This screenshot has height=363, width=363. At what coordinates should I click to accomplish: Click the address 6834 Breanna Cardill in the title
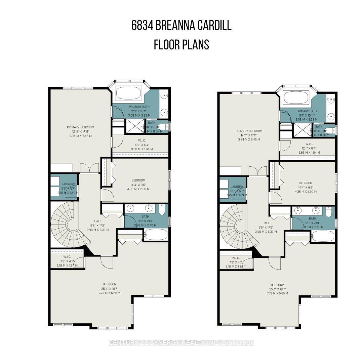182,26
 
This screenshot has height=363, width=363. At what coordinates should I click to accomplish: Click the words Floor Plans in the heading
182,45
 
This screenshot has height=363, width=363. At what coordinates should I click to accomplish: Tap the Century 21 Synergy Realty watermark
182,343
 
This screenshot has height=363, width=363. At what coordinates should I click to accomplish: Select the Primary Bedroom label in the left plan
80,127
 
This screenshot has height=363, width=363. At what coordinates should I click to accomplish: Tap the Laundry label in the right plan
237,187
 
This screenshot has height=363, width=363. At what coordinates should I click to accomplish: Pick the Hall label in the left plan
98,221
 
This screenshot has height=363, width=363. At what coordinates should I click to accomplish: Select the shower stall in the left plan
132,127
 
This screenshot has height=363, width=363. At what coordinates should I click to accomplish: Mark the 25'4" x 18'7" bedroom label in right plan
278,284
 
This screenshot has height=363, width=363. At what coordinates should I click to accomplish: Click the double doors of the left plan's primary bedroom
89,168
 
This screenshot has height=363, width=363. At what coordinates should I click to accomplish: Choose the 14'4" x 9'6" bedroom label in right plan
306,183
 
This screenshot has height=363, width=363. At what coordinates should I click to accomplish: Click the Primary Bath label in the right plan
306,111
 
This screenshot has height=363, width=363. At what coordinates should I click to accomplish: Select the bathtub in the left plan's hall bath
156,235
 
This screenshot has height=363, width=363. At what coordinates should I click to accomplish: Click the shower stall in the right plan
300,130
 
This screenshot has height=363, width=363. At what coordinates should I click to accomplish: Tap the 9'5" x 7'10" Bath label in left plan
145,216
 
